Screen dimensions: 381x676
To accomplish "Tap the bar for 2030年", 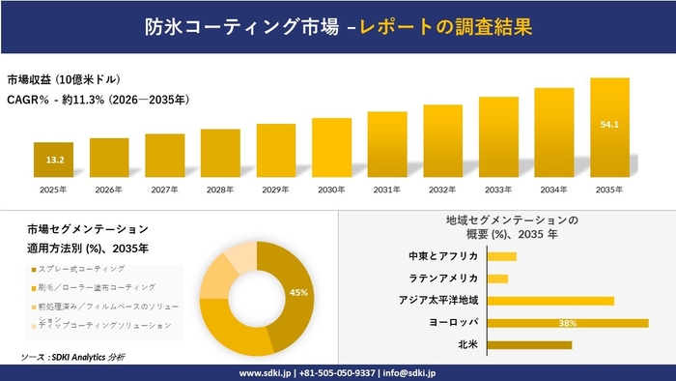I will (331, 149).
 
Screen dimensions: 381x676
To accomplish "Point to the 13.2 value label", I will (55, 160).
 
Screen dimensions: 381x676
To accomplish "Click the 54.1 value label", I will (610, 125).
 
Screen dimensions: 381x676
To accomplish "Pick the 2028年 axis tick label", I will (220, 189).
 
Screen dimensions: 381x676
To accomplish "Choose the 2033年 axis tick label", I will (498, 189).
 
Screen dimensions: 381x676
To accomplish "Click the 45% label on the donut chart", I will (298, 292).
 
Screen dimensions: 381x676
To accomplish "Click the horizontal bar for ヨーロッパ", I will (568, 323).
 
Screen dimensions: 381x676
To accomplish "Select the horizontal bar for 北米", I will (529, 344).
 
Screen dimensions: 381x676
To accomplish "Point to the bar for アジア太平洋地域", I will (550, 301).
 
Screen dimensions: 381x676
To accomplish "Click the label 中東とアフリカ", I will (445, 256).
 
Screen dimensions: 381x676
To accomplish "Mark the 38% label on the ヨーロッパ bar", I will (568, 323).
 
